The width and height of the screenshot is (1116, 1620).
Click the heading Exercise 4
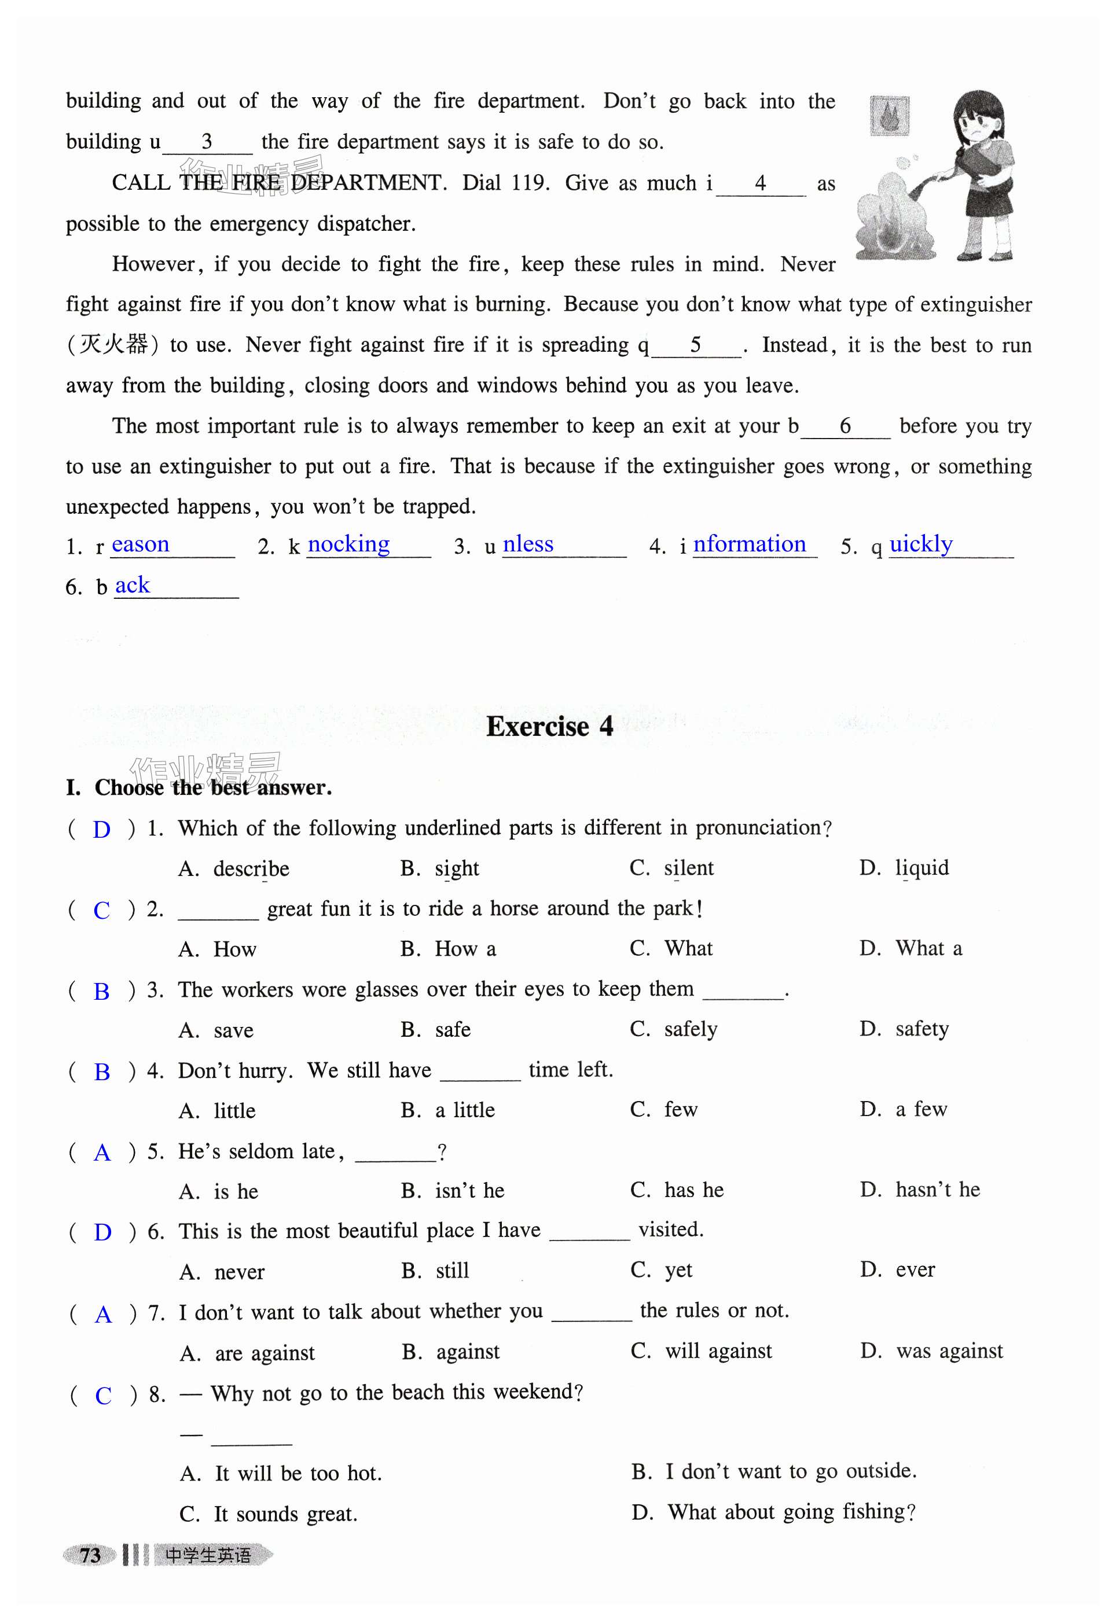(550, 727)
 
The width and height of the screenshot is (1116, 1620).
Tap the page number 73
(90, 1555)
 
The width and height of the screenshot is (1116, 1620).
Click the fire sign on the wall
(890, 115)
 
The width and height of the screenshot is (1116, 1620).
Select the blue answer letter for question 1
(101, 830)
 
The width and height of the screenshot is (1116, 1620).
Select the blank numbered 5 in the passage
(696, 345)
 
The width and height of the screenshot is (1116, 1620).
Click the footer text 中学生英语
(208, 1555)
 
